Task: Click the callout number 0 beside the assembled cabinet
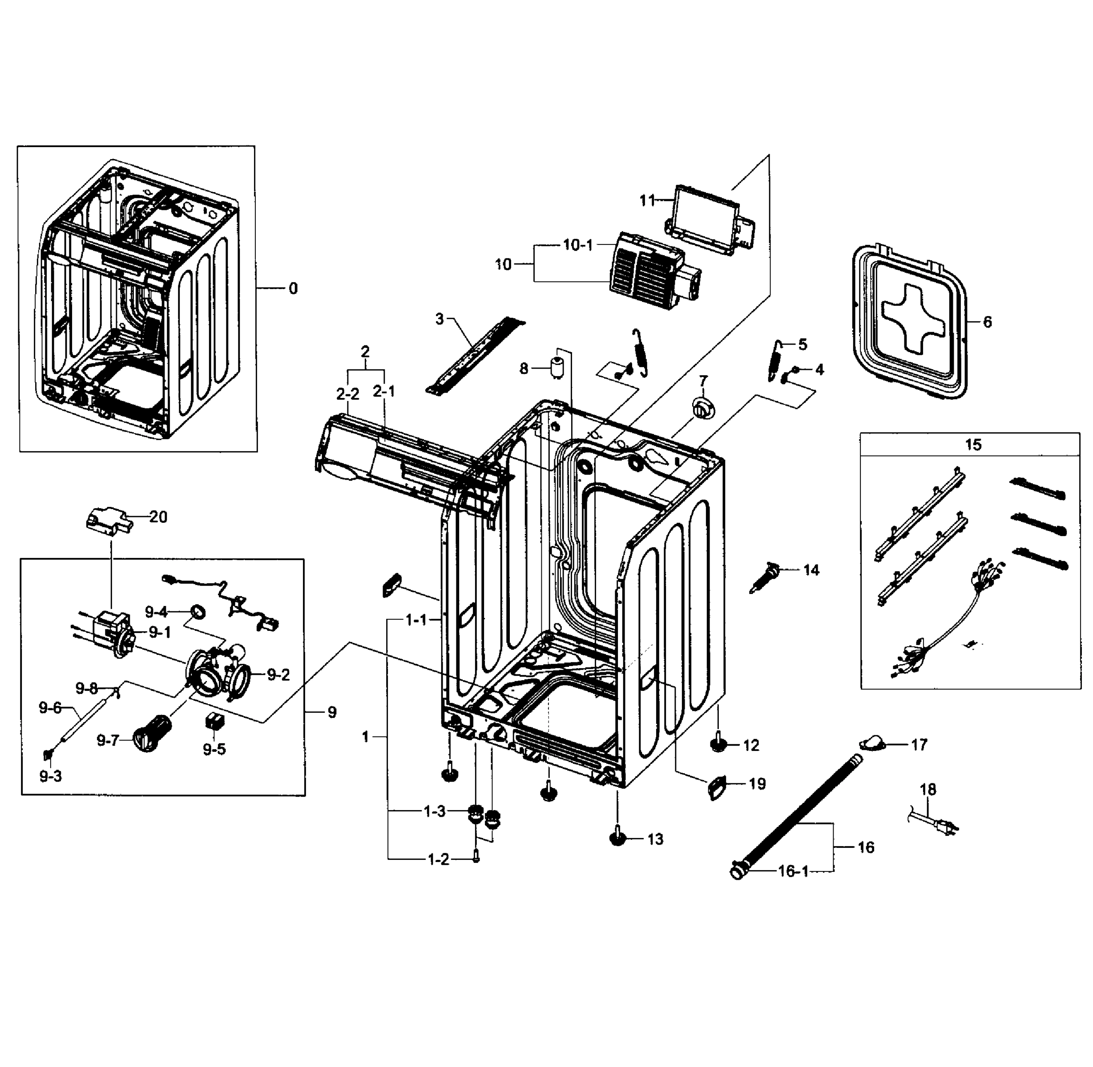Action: pyautogui.click(x=293, y=289)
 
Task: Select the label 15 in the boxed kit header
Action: pyautogui.click(x=973, y=445)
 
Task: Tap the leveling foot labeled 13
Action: pyautogui.click(x=617, y=838)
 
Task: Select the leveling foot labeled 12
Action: pyautogui.click(x=718, y=744)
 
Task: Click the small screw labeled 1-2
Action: pyautogui.click(x=476, y=858)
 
